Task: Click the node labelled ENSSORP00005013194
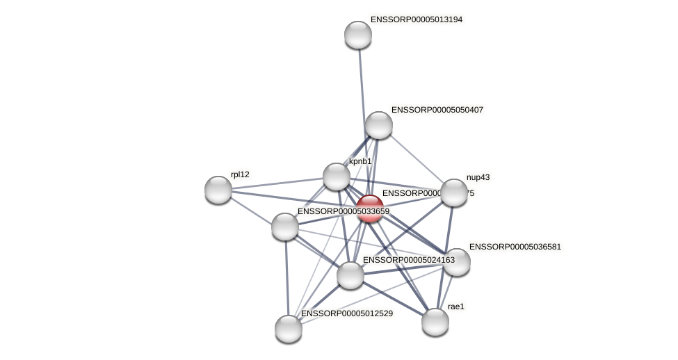pyautogui.click(x=358, y=35)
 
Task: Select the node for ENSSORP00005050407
pyautogui.click(x=379, y=125)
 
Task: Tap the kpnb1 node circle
pyautogui.click(x=337, y=177)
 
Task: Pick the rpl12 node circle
pyautogui.click(x=218, y=189)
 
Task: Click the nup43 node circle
pyautogui.click(x=454, y=193)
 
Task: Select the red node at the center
pyautogui.click(x=370, y=208)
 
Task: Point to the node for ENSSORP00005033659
pyautogui.click(x=285, y=227)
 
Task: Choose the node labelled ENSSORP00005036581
pyautogui.click(x=457, y=262)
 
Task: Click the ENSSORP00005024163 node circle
pyautogui.click(x=350, y=275)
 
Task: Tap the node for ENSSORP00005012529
pyautogui.click(x=289, y=329)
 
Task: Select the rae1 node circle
pyautogui.click(x=435, y=322)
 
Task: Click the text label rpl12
pyautogui.click(x=240, y=174)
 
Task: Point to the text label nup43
pyautogui.click(x=478, y=177)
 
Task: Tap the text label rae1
pyautogui.click(x=456, y=306)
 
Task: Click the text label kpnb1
pyautogui.click(x=360, y=161)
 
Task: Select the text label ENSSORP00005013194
pyautogui.click(x=417, y=19)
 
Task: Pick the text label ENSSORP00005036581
pyautogui.click(x=515, y=247)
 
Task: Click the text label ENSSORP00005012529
pyautogui.click(x=346, y=313)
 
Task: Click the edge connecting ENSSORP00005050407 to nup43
pyautogui.click(x=417, y=159)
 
